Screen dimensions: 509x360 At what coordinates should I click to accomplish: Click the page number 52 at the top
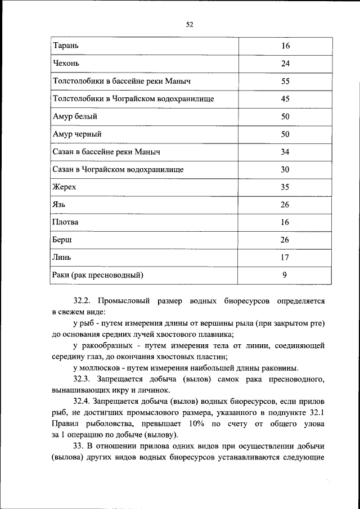pos(189,24)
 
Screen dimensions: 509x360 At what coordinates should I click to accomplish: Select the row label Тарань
pos(66,46)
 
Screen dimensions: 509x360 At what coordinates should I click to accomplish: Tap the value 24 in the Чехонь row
pos(285,64)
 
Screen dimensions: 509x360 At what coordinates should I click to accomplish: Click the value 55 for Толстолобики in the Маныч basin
pos(285,81)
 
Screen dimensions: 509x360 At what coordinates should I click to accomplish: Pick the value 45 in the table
pos(285,98)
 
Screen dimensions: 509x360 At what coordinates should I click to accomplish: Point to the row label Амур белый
pos(75,116)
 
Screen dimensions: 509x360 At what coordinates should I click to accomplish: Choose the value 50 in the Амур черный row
pos(285,134)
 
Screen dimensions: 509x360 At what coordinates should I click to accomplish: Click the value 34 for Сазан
pos(285,152)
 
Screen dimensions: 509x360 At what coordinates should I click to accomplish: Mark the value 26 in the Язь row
pos(285,205)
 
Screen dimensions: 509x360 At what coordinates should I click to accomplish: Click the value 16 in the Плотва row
pos(285,222)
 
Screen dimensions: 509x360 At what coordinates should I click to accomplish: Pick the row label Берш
pos(62,240)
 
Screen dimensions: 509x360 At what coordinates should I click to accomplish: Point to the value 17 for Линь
pos(285,258)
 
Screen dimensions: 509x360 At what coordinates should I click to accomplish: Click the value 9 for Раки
pos(285,275)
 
